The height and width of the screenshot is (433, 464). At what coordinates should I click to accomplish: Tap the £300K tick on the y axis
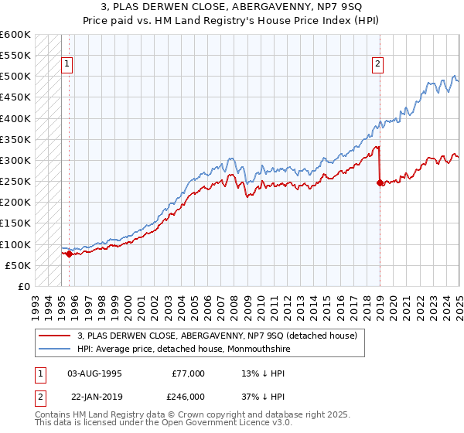pos(15,161)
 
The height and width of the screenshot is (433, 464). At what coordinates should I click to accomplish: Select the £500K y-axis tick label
pos(15,77)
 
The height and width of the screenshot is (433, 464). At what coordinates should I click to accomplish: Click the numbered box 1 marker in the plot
pos(68,64)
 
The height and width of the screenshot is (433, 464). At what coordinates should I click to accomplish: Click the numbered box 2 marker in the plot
pos(378,64)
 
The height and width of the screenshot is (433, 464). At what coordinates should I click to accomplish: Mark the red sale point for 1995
pos(69,253)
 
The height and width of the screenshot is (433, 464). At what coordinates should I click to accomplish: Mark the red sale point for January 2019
pos(380,183)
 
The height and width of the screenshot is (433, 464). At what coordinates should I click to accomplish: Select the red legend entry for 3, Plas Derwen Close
pos(217,336)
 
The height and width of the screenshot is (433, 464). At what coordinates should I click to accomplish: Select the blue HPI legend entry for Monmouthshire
pos(193,349)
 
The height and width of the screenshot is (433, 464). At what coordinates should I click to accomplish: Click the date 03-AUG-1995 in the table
pos(94,373)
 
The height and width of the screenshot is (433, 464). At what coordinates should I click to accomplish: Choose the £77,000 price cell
pos(188,373)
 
